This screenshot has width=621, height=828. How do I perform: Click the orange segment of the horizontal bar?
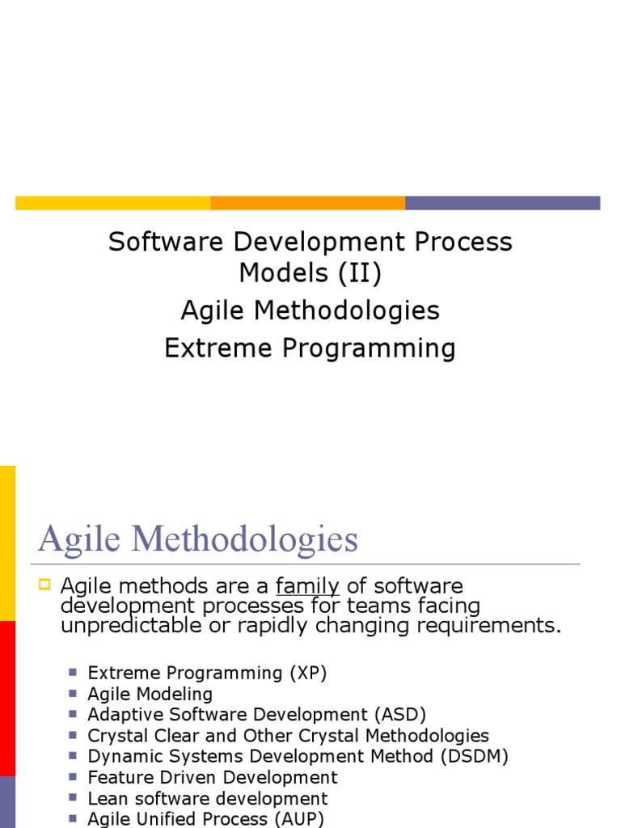pyautogui.click(x=307, y=203)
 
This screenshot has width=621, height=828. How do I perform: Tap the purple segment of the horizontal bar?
pyautogui.click(x=502, y=203)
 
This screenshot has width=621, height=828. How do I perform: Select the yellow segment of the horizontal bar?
pyautogui.click(x=113, y=203)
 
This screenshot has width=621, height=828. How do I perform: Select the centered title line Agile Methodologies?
pyautogui.click(x=310, y=310)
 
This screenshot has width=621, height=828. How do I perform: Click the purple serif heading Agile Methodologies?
pyautogui.click(x=198, y=539)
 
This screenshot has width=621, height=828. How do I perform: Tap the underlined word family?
pyautogui.click(x=307, y=586)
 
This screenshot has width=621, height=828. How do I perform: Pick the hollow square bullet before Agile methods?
pyautogui.click(x=44, y=584)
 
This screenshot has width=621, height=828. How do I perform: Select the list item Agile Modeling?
pyautogui.click(x=150, y=694)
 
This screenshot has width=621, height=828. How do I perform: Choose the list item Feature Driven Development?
pyautogui.click(x=212, y=778)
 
